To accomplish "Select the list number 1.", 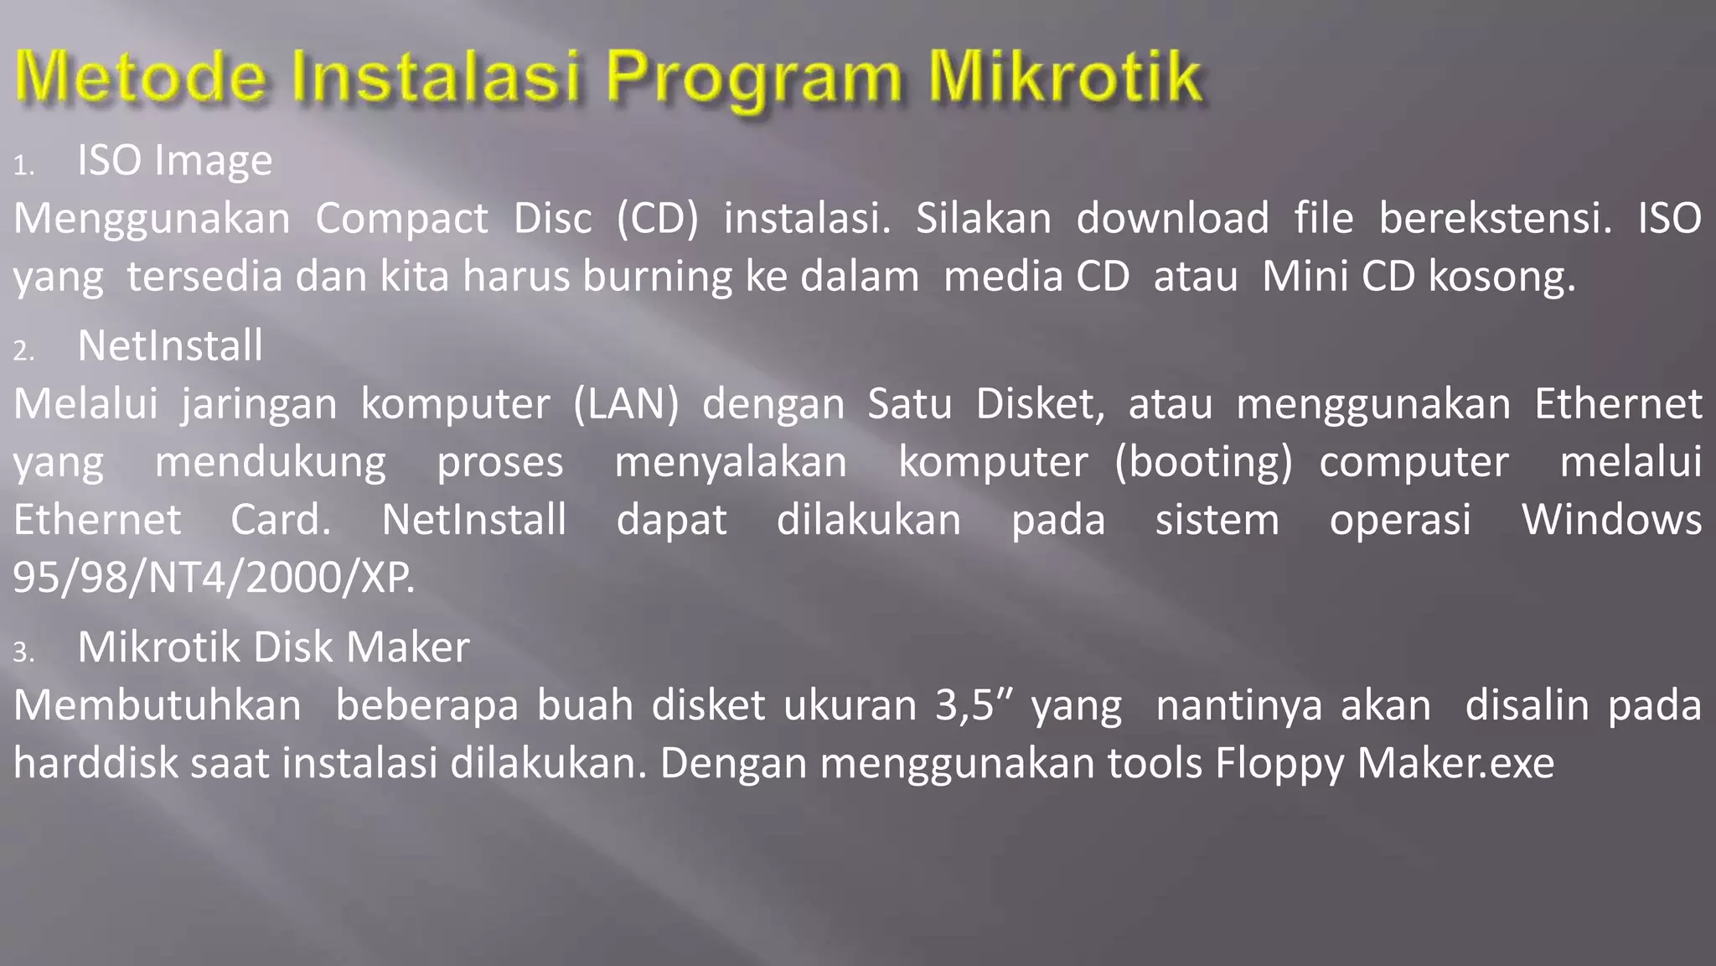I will coord(23,166).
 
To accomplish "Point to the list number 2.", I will coord(23,351).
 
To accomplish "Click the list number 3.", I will coord(23,652).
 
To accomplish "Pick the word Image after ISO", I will coord(213,161).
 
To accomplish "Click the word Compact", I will coord(401,219).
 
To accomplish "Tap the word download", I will coord(1172,219).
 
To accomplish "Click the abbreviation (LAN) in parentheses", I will coord(626,404).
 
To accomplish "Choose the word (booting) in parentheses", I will coord(1204,462).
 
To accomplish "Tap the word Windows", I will coord(1611,520).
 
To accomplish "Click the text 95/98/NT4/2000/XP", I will coord(214,578).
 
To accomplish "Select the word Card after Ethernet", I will coord(281,520).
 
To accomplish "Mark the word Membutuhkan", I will coord(157,705).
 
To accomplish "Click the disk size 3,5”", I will coord(975,705).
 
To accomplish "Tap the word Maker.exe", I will coord(1455,763).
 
